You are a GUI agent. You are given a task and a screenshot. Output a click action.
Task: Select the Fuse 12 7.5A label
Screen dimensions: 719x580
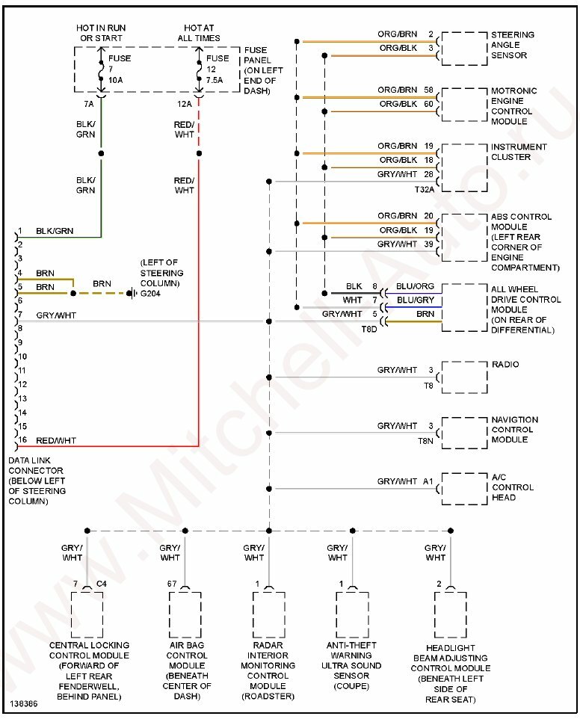click(217, 69)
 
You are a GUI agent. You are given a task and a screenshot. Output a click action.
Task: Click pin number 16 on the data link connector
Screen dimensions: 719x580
click(22, 440)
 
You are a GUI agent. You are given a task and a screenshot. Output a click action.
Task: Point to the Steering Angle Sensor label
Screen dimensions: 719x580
click(512, 45)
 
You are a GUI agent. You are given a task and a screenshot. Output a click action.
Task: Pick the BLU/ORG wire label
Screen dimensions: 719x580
click(416, 286)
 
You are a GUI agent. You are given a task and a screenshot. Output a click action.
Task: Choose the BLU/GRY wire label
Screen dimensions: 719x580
click(416, 300)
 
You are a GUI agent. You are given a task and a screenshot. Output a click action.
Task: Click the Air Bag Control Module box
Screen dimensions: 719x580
click(185, 614)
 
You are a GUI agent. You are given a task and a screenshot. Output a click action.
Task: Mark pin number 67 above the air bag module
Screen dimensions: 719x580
click(173, 583)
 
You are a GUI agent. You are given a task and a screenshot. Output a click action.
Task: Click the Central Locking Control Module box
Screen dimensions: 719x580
click(87, 614)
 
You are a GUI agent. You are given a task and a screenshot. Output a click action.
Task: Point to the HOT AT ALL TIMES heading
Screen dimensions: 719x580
click(198, 33)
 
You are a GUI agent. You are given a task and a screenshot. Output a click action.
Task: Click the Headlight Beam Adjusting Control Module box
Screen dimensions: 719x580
click(451, 614)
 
